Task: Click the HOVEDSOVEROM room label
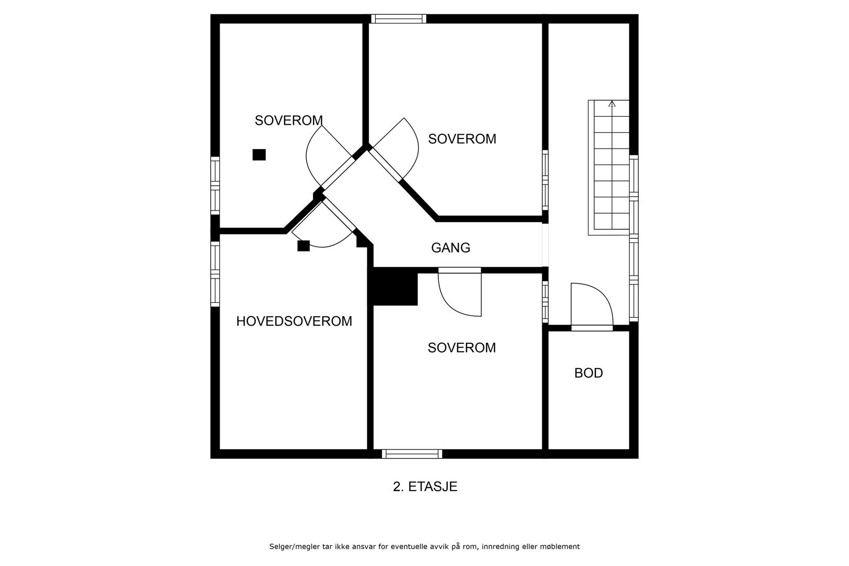point(294,321)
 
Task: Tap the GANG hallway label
point(451,248)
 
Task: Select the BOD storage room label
point(588,373)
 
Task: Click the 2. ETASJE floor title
point(425,486)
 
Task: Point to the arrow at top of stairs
point(612,104)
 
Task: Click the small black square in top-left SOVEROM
point(259,154)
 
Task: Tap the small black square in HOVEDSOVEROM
point(304,246)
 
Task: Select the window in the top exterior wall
point(398,19)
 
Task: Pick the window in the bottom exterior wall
point(412,454)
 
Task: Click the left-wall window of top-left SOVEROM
point(215,186)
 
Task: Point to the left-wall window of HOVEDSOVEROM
point(215,274)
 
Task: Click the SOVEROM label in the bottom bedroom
point(462,348)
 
